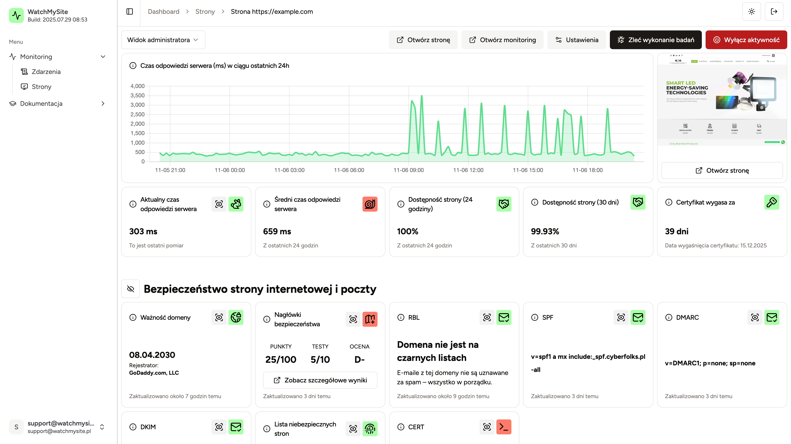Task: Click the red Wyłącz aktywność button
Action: [746, 40]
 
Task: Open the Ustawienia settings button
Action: [576, 40]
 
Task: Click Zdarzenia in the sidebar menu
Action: [46, 72]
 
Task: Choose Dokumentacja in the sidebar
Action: [41, 103]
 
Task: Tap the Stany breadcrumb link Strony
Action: [205, 12]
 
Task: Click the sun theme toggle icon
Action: [751, 12]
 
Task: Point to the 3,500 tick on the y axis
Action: [137, 95]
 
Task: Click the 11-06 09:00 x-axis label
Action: [408, 170]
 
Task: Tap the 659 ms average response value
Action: [277, 231]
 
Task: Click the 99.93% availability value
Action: [545, 231]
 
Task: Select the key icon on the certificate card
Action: [772, 202]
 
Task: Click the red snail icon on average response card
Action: [370, 204]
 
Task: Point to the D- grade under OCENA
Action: [359, 359]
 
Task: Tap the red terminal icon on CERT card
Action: [504, 427]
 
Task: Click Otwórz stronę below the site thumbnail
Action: [722, 170]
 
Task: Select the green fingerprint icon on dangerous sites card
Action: [370, 429]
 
